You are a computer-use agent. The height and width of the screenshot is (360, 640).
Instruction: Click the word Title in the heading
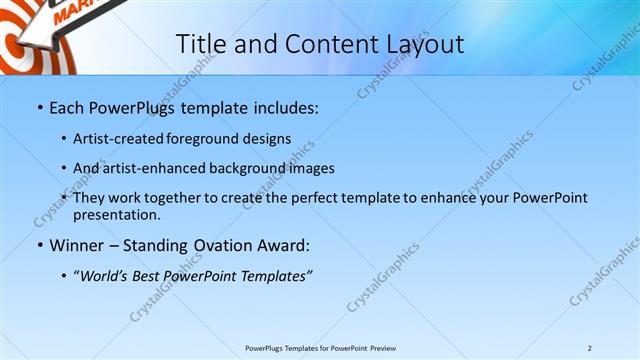[x=201, y=44]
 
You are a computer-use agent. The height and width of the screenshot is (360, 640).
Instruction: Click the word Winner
[x=77, y=245]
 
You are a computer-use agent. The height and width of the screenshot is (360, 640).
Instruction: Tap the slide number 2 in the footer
[x=589, y=348]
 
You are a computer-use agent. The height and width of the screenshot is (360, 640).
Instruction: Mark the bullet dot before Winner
[x=39, y=245]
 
